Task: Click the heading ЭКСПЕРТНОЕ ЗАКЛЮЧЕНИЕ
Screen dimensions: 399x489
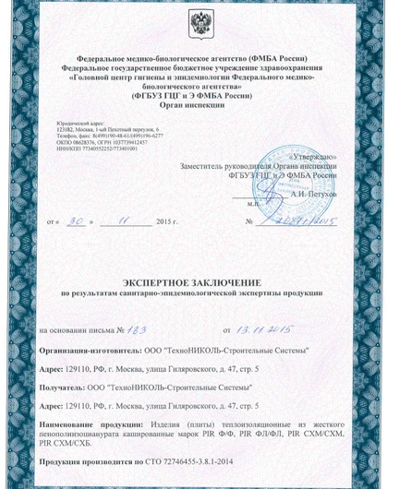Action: [x=199, y=280]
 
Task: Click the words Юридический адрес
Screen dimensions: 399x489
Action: [x=76, y=122]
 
